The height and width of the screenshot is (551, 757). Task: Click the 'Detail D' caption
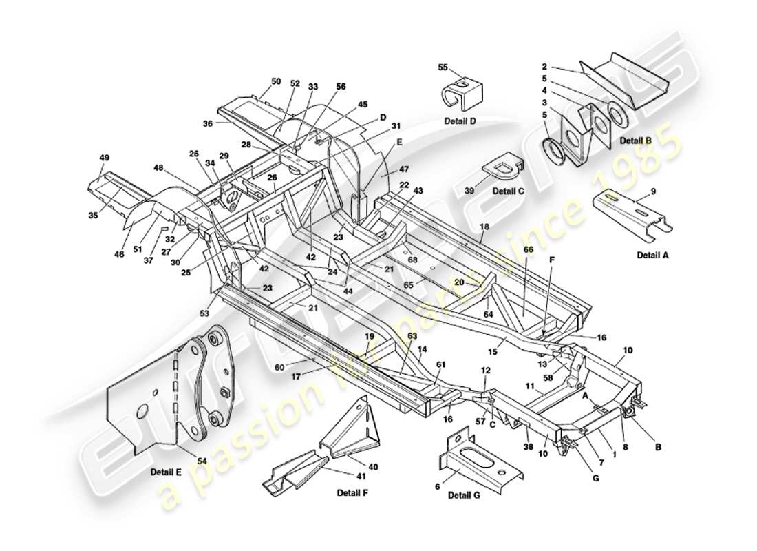point(460,121)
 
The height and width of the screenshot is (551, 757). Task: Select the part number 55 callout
point(443,67)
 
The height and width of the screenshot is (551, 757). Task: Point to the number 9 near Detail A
point(652,191)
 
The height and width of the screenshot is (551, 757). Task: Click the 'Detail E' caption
point(166,472)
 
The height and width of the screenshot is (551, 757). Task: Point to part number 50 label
point(275,81)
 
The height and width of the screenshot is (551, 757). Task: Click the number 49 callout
point(105,158)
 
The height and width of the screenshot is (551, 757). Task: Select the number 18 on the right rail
point(484,226)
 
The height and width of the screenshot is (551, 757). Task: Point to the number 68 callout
point(412,260)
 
